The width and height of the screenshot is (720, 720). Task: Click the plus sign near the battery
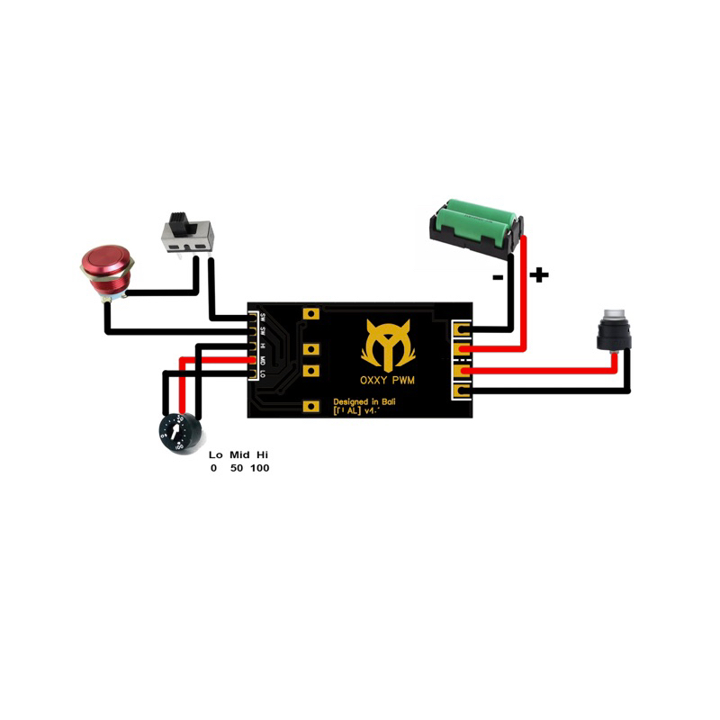click(538, 274)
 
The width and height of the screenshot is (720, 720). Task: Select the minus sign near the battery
click(498, 278)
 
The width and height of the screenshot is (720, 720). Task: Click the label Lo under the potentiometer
click(215, 455)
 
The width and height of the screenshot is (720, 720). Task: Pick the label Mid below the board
click(238, 455)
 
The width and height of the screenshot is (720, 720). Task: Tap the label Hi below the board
click(262, 455)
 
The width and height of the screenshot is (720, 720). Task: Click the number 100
click(260, 469)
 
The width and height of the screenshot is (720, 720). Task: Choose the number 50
click(237, 469)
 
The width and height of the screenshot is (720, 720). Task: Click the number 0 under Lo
click(214, 469)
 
